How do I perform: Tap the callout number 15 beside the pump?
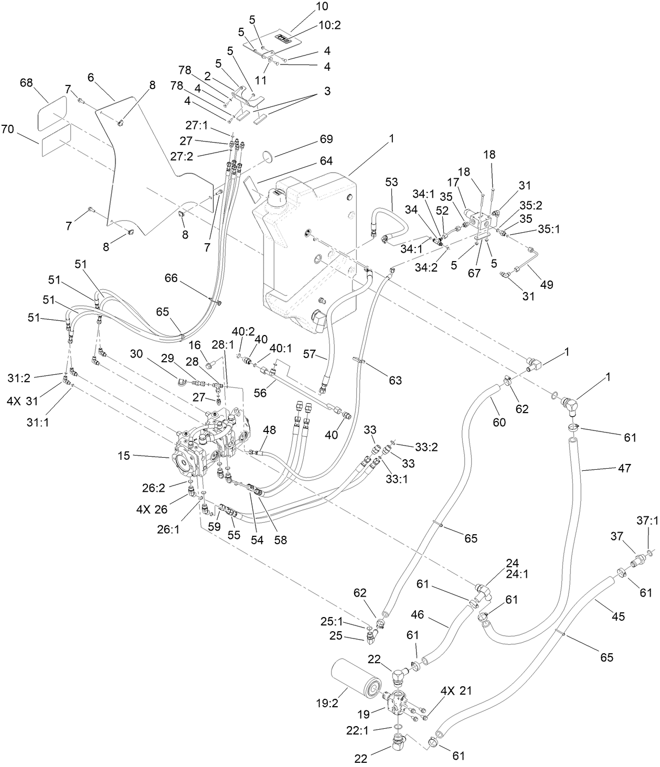[x=124, y=456]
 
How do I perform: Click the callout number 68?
[x=26, y=83]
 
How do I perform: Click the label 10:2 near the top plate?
[x=330, y=26]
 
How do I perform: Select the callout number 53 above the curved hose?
[x=391, y=182]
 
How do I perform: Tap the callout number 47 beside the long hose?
[x=624, y=468]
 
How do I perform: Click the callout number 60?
[x=499, y=422]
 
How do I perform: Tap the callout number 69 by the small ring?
[x=326, y=139]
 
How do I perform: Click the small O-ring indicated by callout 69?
[x=267, y=156]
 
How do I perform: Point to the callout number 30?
[x=136, y=354]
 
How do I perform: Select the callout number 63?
[x=395, y=380]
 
